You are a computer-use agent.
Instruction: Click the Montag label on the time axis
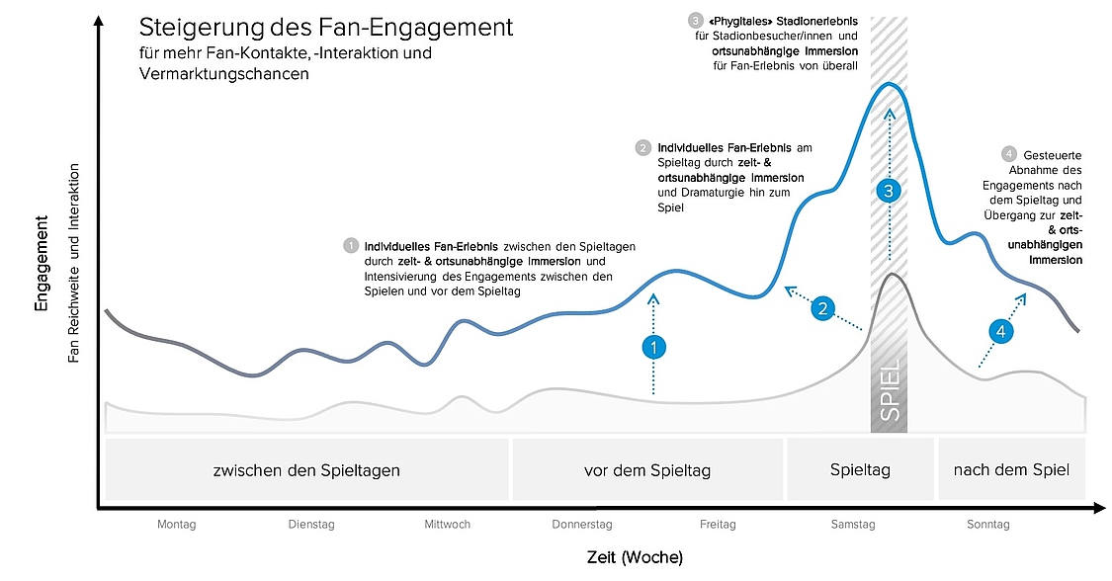[177, 525]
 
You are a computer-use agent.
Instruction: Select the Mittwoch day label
[447, 525]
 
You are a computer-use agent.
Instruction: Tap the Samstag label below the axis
[853, 525]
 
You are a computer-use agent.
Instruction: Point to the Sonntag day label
[987, 525]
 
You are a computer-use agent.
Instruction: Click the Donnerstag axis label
[582, 525]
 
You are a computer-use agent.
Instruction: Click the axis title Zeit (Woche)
[635, 557]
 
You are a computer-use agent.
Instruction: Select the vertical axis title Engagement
[42, 263]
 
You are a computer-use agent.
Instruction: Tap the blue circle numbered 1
[654, 347]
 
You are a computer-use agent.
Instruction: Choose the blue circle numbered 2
[823, 308]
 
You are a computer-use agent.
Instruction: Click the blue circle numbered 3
[889, 190]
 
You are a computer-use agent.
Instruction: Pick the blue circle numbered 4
[1000, 331]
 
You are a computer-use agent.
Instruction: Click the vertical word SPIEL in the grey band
[890, 389]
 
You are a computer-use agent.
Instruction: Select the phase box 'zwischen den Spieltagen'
[307, 469]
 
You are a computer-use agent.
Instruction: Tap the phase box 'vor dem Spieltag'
[647, 469]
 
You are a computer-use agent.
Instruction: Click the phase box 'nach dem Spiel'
[1012, 469]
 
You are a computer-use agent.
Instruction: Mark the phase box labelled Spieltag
[860, 469]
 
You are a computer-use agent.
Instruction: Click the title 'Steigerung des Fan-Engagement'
[326, 27]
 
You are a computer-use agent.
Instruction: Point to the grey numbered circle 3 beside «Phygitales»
[696, 22]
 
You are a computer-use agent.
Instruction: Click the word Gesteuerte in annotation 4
[1053, 155]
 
